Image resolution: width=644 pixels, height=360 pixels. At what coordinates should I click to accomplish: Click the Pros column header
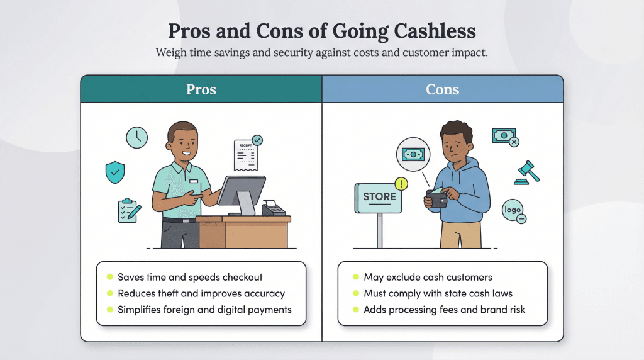point(201,89)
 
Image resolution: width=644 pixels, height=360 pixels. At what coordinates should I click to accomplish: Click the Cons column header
point(442,89)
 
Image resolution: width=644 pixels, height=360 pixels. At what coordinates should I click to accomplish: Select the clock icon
point(136,137)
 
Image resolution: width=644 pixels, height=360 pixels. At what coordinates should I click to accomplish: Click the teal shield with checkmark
point(115,172)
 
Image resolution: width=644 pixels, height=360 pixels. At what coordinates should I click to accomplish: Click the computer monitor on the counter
point(240,192)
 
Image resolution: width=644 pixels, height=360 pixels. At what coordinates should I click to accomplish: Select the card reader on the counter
point(273,208)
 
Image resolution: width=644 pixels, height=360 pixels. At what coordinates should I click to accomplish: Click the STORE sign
point(380,197)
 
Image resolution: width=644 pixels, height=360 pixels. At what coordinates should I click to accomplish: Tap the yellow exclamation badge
point(401,184)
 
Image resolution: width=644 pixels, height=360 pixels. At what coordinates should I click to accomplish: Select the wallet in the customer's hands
point(436,198)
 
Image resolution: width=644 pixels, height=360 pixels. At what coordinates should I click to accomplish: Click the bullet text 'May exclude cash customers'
point(428,277)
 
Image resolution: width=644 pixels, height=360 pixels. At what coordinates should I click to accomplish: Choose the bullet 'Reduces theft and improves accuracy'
point(201,293)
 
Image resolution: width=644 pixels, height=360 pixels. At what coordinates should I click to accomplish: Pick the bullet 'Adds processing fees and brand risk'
point(444,310)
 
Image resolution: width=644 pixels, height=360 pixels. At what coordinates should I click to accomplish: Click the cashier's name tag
point(193,181)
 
